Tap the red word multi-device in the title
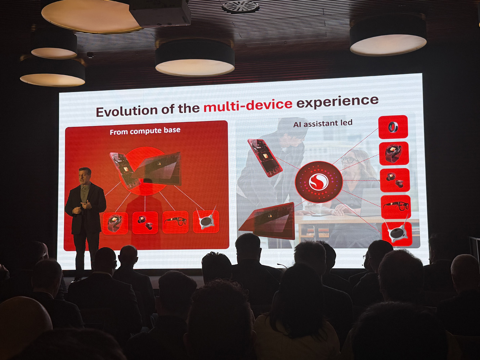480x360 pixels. tap(248, 105)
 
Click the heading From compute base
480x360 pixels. tap(145, 131)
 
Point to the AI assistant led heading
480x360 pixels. tap(323, 123)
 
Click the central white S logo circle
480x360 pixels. tap(319, 182)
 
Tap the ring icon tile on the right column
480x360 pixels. tap(393, 127)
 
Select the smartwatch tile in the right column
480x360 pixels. tap(394, 153)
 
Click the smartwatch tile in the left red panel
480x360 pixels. tap(115, 223)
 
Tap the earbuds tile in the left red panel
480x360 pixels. tap(145, 222)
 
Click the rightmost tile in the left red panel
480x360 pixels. tap(206, 221)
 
